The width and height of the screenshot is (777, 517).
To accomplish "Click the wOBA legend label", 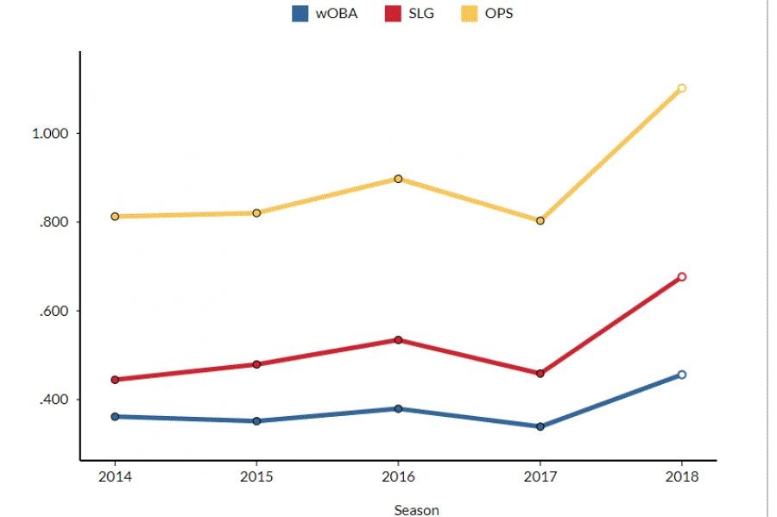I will [x=337, y=14].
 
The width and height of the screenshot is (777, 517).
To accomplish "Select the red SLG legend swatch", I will [x=391, y=14].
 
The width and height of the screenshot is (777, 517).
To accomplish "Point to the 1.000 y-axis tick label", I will [x=50, y=134].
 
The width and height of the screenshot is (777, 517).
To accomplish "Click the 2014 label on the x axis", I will [x=114, y=476].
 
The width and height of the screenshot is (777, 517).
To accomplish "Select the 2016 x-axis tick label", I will [x=398, y=476].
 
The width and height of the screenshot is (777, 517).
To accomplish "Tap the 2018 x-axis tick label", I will [x=681, y=476].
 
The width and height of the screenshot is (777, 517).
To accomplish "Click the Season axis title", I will [x=416, y=510].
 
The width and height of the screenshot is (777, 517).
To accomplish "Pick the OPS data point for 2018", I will [x=682, y=88].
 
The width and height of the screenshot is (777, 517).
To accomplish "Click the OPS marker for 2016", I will [x=398, y=179].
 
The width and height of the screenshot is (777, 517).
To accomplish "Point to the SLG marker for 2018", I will [x=682, y=277].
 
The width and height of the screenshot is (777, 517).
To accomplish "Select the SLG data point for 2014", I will [x=115, y=380].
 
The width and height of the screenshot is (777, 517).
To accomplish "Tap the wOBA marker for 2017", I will [x=540, y=426].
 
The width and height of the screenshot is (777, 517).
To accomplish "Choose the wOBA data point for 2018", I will [x=682, y=375].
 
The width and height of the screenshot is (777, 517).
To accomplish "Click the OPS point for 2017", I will [x=540, y=221].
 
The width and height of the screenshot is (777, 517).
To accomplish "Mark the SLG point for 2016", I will [x=398, y=340].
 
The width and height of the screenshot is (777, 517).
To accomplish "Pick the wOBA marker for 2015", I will [x=256, y=421].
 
